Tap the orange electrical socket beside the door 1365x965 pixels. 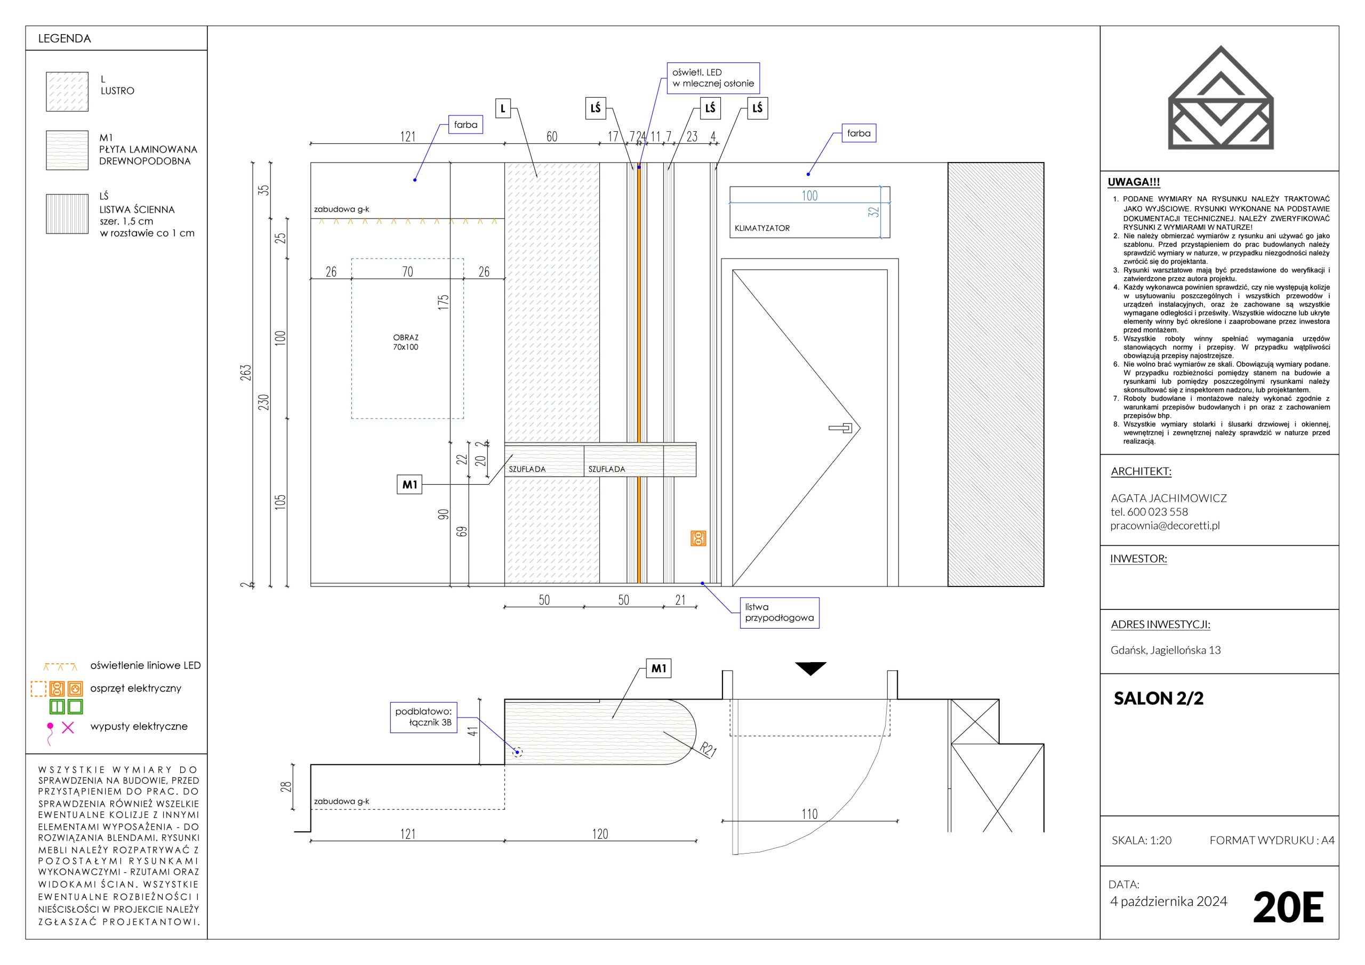[x=698, y=538]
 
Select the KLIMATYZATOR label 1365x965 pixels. [x=761, y=228]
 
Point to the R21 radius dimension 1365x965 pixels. [x=708, y=750]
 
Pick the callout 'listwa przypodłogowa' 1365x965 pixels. [x=779, y=613]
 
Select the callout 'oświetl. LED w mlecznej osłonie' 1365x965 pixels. [x=713, y=78]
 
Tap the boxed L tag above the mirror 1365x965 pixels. [x=503, y=108]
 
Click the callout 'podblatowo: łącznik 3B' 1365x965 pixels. [x=423, y=717]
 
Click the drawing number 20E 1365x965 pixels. [x=1288, y=907]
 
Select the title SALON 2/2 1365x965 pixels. [x=1158, y=698]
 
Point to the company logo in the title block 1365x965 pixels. [x=1221, y=98]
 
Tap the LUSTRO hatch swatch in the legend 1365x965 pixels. [x=67, y=92]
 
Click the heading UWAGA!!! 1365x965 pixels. [x=1134, y=182]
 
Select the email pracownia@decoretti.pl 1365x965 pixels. [x=1165, y=525]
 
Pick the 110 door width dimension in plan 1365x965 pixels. [x=809, y=814]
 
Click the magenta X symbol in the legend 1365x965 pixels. [x=68, y=727]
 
